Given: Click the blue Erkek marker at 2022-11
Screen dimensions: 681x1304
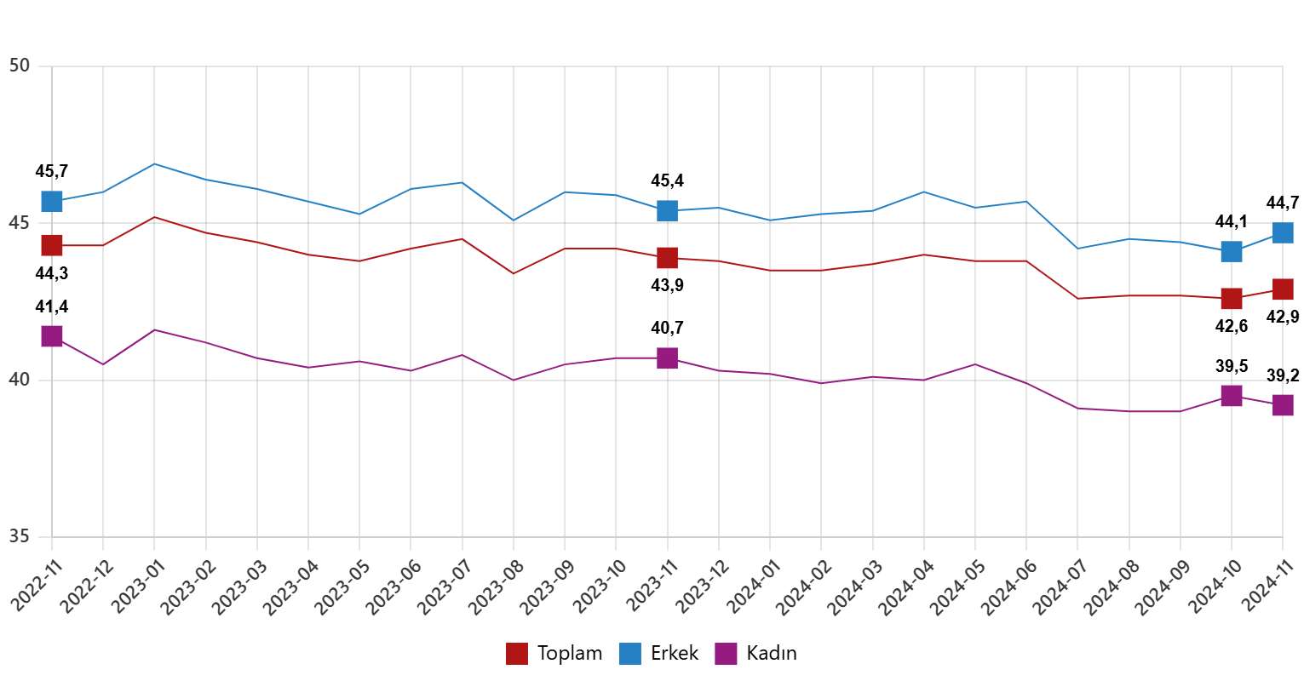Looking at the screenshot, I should point(52,201).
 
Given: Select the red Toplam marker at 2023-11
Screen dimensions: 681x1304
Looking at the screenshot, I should point(667,257).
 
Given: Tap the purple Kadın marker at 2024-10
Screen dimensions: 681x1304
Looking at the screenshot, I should point(1231,395).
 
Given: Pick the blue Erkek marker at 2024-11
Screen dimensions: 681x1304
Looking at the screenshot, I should point(1283,232).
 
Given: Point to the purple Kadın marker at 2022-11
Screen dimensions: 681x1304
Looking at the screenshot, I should point(52,336).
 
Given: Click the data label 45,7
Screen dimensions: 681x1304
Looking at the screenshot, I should point(51,171).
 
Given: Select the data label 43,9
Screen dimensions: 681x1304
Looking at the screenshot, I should point(667,286).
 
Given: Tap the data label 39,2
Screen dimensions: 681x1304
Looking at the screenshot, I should point(1283,375).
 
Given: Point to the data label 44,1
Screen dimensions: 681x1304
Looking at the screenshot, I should point(1231,222).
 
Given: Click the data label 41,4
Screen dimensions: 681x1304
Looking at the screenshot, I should point(51,306).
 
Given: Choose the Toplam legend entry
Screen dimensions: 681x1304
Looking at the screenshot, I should point(554,654).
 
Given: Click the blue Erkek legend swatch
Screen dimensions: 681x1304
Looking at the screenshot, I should point(630,654).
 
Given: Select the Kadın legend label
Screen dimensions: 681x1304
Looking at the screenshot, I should point(772,654).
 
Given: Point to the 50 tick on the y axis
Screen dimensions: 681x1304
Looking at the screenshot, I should point(20,66).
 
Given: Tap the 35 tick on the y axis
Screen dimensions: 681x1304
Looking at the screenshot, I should point(20,537).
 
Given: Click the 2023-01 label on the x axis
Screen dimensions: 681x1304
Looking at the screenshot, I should point(138,582).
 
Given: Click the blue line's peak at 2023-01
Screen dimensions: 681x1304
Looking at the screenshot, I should point(154,163).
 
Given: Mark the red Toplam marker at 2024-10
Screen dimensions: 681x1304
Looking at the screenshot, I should point(1231,298).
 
